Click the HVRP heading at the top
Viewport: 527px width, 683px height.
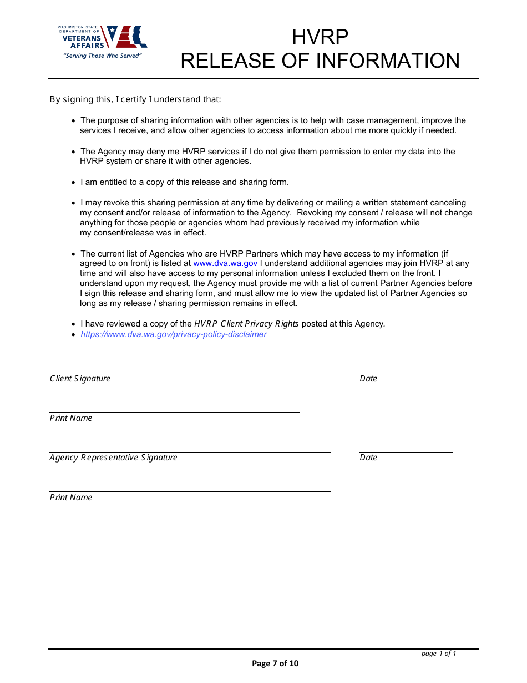click(320, 37)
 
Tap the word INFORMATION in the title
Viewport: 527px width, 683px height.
click(388, 61)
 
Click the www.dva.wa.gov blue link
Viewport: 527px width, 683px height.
click(225, 263)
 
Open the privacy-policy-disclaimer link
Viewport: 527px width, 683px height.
click(174, 334)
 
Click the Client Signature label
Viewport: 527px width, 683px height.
click(80, 379)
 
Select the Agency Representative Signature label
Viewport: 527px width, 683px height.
click(113, 458)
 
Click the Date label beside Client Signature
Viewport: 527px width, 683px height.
click(368, 379)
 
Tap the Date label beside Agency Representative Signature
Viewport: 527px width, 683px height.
click(368, 458)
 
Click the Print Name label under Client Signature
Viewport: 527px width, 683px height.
click(71, 418)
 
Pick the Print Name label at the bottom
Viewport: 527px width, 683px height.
click(71, 498)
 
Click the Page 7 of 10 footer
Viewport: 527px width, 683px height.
click(275, 664)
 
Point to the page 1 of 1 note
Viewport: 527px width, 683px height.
click(439, 654)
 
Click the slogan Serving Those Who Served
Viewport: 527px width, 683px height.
click(103, 56)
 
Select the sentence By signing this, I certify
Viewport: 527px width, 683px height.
click(135, 99)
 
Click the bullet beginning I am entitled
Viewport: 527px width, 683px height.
click(185, 182)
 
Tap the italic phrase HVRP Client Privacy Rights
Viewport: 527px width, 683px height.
click(246, 324)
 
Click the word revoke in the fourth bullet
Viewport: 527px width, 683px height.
click(109, 203)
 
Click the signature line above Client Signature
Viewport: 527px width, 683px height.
click(190, 373)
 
